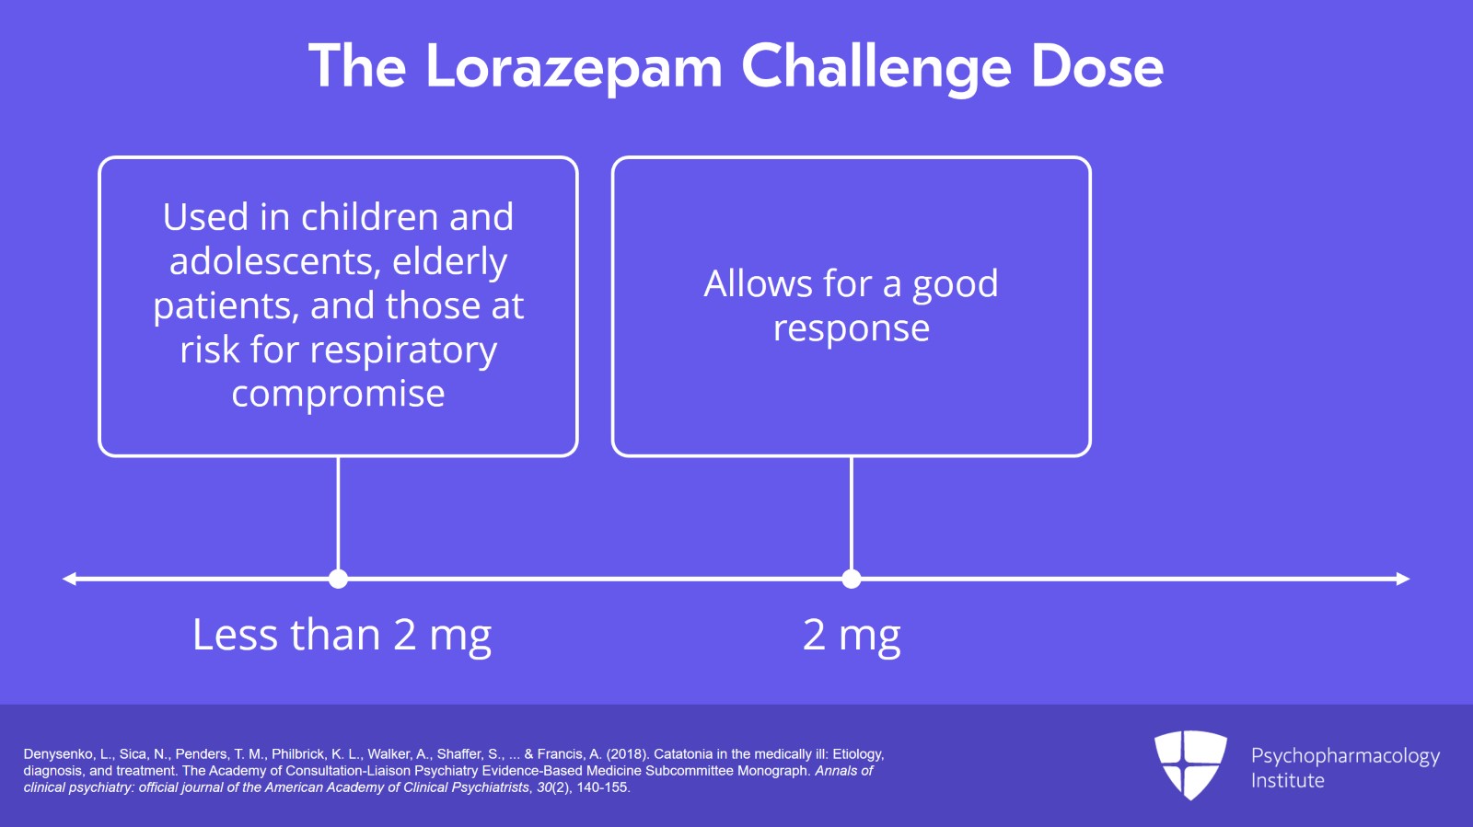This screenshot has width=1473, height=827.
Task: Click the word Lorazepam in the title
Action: tap(574, 67)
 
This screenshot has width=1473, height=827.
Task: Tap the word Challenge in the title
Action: tap(876, 67)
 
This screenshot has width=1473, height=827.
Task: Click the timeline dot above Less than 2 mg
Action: tap(338, 579)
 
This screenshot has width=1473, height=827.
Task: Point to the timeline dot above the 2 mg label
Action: tap(852, 579)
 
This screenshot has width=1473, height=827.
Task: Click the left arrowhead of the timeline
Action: tap(69, 579)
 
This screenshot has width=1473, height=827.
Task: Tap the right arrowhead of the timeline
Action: tap(1403, 579)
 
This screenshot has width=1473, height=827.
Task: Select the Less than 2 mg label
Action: tap(342, 635)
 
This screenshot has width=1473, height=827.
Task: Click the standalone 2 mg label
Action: tap(852, 635)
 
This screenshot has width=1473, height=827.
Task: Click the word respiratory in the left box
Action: tap(403, 350)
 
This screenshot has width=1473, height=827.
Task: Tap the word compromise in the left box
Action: tap(338, 394)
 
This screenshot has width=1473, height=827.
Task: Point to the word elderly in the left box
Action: tap(450, 260)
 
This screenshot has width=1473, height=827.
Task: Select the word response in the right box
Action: tap(852, 328)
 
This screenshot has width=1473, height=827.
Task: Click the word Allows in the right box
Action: tap(758, 283)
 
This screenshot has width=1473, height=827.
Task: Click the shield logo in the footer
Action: tap(1191, 764)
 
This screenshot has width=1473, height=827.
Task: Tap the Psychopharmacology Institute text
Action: tap(1345, 767)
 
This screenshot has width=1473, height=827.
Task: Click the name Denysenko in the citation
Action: tap(61, 754)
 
